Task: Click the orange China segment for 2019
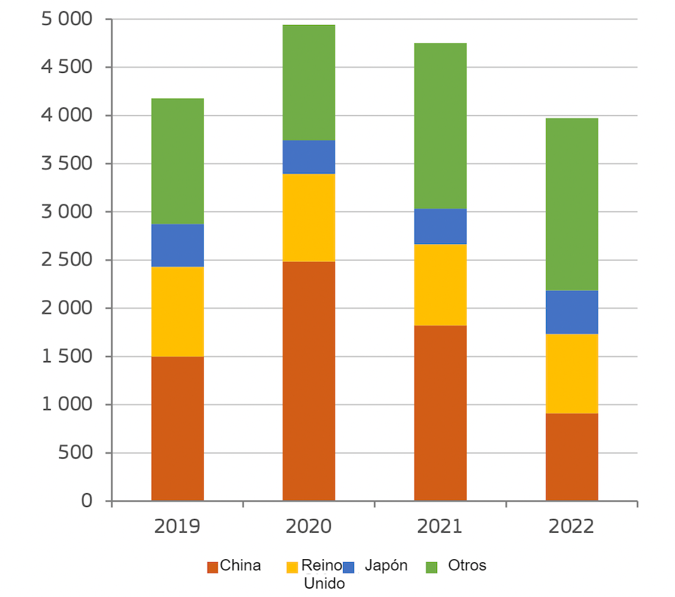177,428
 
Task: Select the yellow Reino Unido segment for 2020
308,217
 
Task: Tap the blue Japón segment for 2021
440,226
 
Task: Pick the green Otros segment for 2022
571,204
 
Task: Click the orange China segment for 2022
571,457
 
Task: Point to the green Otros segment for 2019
177,161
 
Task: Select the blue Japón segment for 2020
308,157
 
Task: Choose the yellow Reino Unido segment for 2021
440,284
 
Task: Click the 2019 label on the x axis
177,527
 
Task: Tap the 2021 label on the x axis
440,527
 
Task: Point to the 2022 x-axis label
571,527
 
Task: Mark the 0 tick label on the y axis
86,501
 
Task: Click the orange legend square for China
213,567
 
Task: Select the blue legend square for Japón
348,567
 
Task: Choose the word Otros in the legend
467,565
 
